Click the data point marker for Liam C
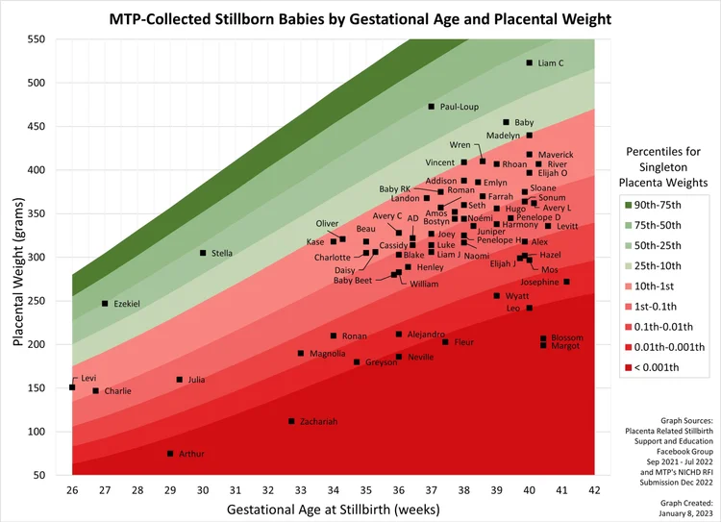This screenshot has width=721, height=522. pos(530,62)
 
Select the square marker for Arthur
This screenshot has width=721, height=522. pos(170,454)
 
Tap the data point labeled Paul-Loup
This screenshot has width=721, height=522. pos(432,107)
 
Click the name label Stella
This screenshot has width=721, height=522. pos(222,253)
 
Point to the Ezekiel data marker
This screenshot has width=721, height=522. pos(105,304)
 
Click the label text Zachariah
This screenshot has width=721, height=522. pos(319,421)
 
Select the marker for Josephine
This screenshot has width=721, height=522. pos(567,282)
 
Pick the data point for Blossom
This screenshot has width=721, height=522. pos(543,338)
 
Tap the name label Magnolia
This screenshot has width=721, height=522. pos(328,354)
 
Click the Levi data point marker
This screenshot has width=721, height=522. pos(72,387)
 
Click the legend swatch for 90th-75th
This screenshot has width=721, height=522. pos(626,204)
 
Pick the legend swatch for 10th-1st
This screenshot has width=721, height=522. pos(626,286)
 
